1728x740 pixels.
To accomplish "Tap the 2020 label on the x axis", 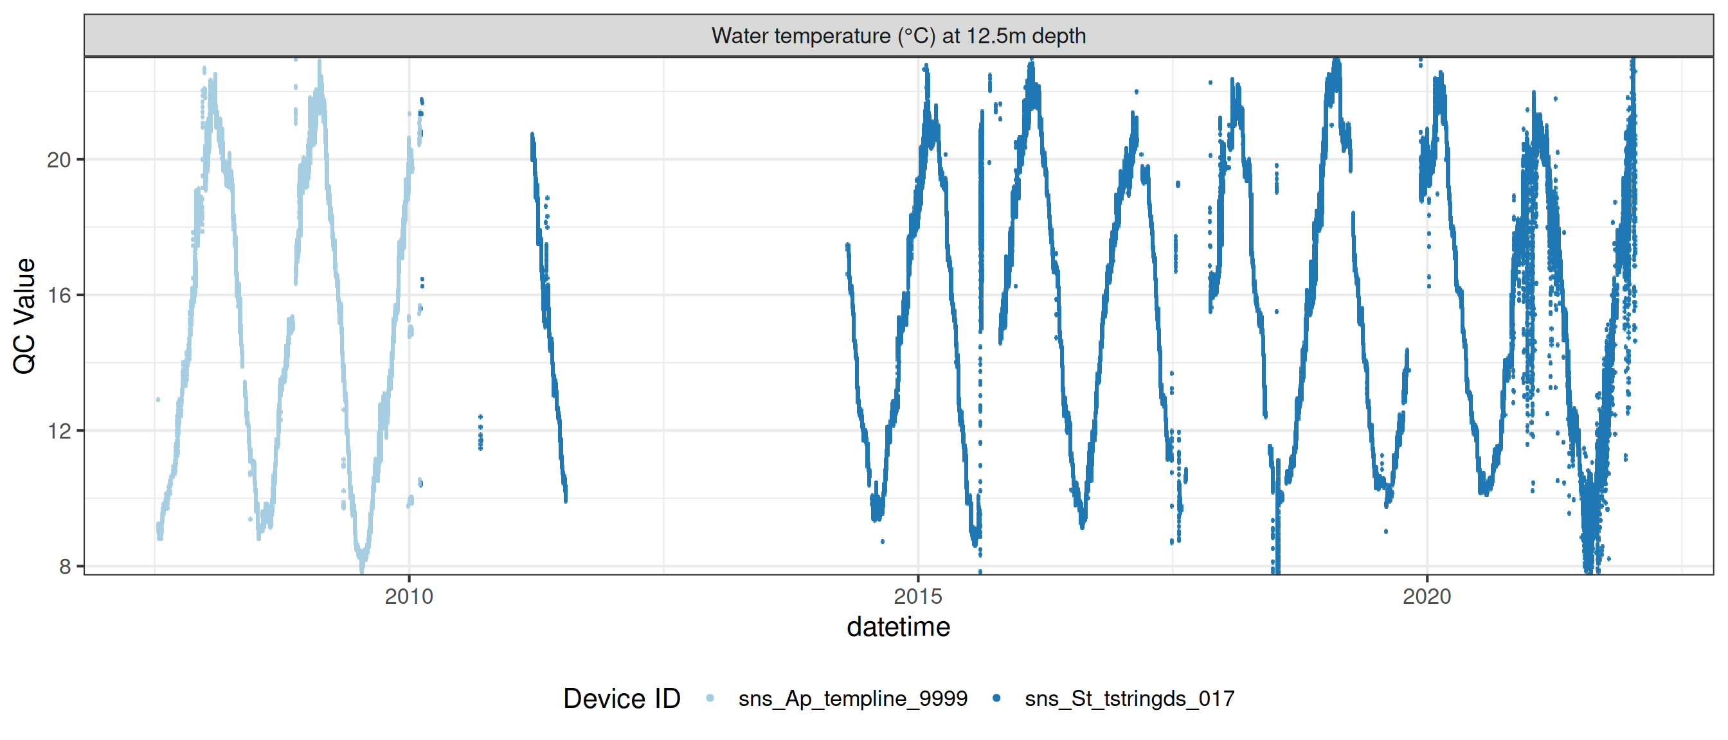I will tap(1426, 596).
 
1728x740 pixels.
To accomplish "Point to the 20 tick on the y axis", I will tap(59, 159).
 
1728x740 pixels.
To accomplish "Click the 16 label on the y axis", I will tap(59, 295).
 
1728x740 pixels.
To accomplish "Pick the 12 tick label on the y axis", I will tap(59, 430).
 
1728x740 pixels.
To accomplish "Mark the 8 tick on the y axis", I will tap(65, 567).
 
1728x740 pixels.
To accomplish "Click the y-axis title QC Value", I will tap(25, 315).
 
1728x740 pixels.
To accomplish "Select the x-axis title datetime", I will tap(898, 628).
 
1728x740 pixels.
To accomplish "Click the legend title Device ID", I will tap(621, 698).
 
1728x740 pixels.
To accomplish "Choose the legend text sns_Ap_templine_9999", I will tap(852, 698).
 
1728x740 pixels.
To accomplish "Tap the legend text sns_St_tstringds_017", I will tap(1129, 698).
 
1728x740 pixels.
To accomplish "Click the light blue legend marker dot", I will tap(710, 698).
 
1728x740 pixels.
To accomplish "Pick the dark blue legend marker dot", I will tap(997, 698).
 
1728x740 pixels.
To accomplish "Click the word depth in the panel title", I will tap(1059, 35).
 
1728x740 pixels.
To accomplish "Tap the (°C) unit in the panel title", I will tap(916, 35).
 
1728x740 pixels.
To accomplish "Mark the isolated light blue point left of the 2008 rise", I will tap(158, 400).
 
